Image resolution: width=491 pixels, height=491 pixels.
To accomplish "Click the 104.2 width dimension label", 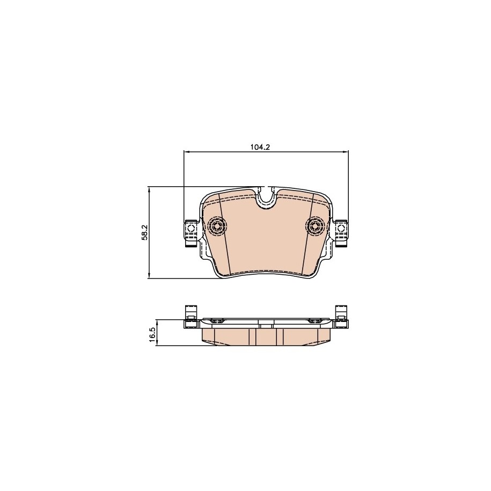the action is [x=260, y=147].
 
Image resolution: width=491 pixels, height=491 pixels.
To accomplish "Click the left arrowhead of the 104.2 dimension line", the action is [x=187, y=152].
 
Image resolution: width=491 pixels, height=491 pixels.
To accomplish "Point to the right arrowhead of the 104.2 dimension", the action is [x=346, y=152].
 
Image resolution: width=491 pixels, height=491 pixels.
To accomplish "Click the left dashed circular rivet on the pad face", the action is [x=216, y=225].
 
